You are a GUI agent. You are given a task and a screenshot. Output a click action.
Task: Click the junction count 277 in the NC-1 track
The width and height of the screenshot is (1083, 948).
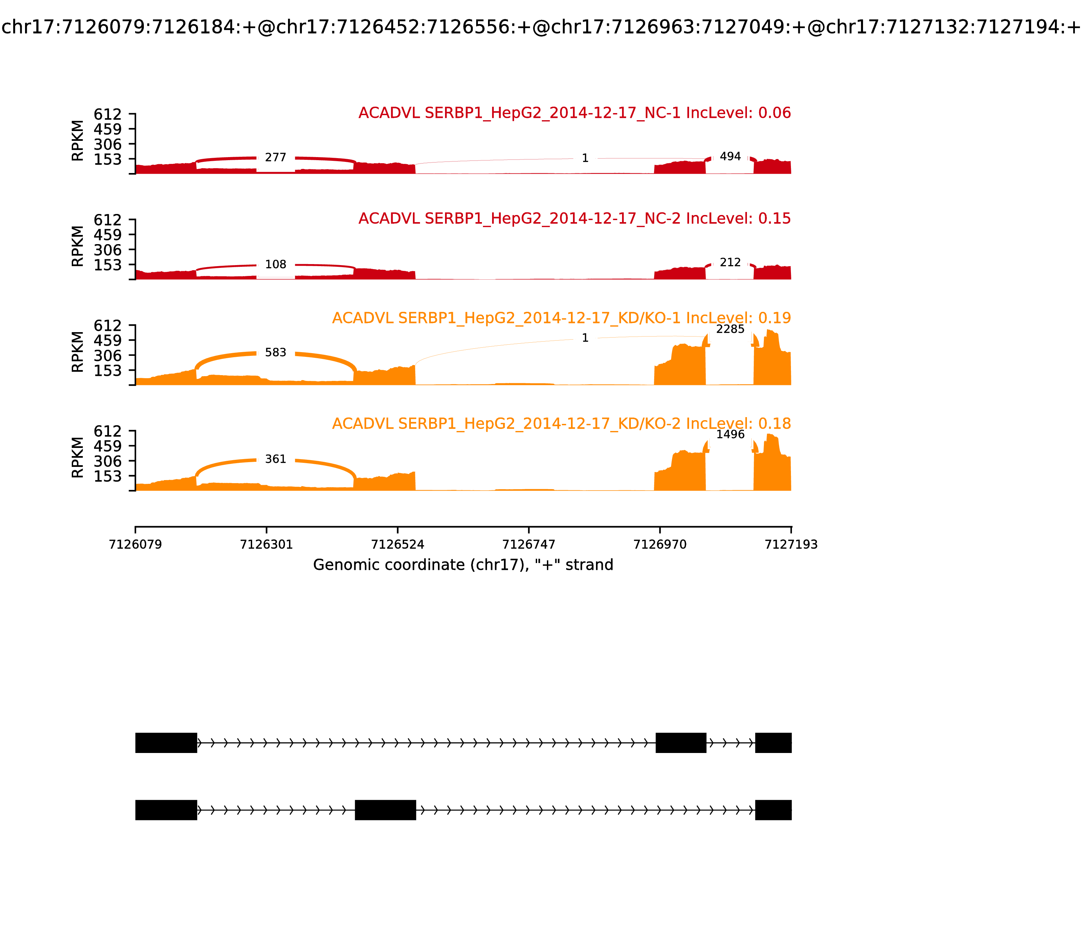click(x=275, y=158)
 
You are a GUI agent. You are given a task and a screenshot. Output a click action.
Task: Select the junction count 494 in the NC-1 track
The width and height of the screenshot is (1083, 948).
click(x=730, y=156)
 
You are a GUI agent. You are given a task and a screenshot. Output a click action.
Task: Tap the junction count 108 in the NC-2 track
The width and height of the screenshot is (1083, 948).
click(x=275, y=264)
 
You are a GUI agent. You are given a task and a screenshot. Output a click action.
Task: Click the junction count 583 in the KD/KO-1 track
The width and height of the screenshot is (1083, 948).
click(x=275, y=352)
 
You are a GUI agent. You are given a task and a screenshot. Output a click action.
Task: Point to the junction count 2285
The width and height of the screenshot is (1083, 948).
click(x=730, y=329)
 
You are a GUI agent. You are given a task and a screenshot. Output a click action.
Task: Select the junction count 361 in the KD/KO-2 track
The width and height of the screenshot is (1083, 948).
click(x=275, y=459)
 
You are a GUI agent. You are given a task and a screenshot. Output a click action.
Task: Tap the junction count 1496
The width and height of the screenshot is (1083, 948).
click(x=730, y=434)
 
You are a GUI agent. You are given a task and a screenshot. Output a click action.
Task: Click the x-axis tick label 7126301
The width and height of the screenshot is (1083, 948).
click(x=267, y=544)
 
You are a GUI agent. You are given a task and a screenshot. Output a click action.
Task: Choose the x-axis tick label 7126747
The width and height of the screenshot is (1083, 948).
click(x=529, y=544)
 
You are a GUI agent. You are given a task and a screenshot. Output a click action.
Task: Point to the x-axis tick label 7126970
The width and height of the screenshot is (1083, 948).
click(x=660, y=544)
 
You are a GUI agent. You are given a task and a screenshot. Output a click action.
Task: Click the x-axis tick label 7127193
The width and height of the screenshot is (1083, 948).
click(x=791, y=544)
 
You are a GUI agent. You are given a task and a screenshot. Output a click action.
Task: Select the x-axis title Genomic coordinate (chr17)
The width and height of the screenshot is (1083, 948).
click(x=463, y=565)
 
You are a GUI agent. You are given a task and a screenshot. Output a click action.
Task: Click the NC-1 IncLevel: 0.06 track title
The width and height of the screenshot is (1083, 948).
click(x=575, y=113)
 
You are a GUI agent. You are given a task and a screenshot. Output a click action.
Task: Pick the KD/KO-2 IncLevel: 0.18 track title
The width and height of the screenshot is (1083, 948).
click(x=561, y=424)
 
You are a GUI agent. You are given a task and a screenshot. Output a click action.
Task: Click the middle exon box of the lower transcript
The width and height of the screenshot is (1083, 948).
click(x=385, y=810)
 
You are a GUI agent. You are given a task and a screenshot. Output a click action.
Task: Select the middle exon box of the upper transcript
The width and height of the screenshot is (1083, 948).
click(x=681, y=743)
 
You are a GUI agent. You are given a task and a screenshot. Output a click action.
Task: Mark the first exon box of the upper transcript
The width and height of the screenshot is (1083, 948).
click(x=166, y=743)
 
